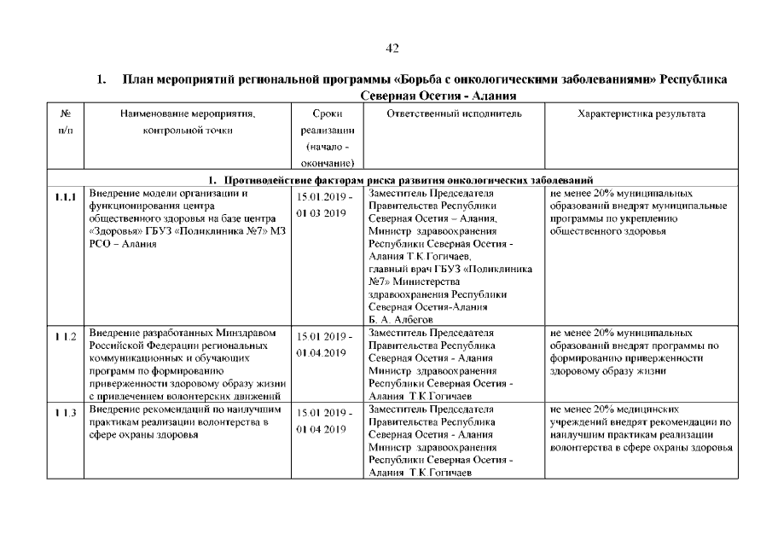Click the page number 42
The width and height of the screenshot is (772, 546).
(x=392, y=48)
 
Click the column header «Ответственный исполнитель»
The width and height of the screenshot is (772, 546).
(x=454, y=113)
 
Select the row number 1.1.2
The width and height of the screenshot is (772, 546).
(x=65, y=338)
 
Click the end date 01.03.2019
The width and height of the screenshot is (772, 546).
(x=321, y=212)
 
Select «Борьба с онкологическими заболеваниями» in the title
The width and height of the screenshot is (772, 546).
(x=490, y=80)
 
